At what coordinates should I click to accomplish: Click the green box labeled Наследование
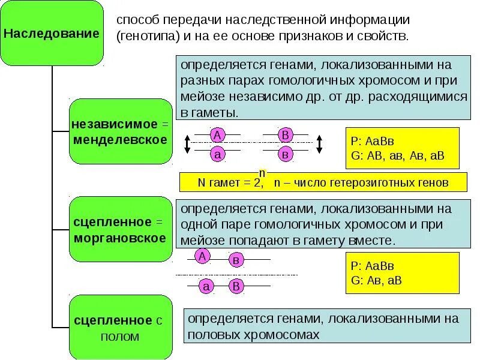pos(52,33)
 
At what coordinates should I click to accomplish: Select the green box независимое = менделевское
pos(121,131)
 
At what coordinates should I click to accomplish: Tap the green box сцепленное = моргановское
pos(121,229)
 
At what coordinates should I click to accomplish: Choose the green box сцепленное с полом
pos(121,327)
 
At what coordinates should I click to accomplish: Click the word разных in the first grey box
pos(198,80)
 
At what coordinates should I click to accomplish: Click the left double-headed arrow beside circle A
pos(187,144)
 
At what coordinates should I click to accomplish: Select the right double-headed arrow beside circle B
pos(319,144)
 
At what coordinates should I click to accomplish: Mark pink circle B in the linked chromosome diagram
pos(236,287)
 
